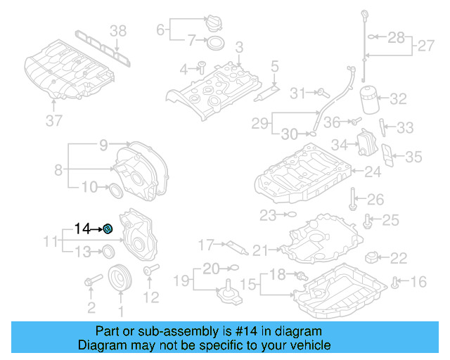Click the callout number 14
pos(83,229)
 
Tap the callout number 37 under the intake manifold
pos(54,122)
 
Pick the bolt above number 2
pos(90,283)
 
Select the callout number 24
pos(372,171)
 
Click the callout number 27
pos(425,47)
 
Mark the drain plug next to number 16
pos(396,283)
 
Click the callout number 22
pos(398,258)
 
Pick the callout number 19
pos(182,281)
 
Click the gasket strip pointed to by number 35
pos(387,155)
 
